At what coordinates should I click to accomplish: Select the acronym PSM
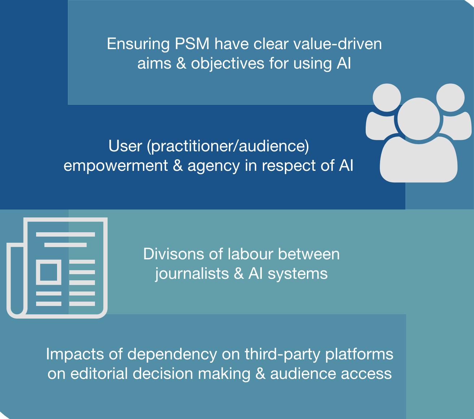(192, 44)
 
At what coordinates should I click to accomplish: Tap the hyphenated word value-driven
(338, 44)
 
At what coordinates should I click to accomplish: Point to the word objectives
(228, 64)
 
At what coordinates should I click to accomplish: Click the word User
(125, 146)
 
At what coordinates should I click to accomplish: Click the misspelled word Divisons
(173, 254)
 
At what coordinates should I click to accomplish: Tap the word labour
(250, 254)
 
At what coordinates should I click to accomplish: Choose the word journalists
(192, 274)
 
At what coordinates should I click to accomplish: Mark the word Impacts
(75, 354)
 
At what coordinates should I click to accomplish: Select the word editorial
(99, 374)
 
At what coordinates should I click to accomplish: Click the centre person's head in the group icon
(418, 119)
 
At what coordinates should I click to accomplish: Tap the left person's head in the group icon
(387, 98)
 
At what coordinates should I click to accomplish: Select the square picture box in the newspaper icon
(49, 272)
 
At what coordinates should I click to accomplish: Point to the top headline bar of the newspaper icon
(65, 234)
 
